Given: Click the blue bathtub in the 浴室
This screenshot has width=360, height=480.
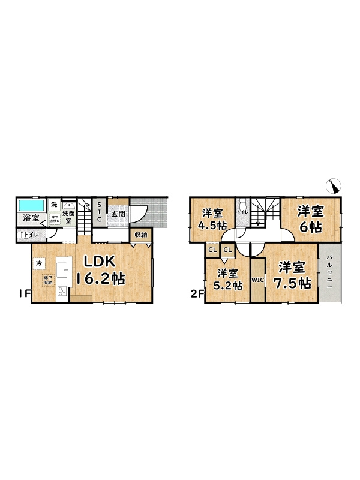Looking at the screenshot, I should pos(29,204).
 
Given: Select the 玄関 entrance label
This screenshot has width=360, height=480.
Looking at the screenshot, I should pos(118,214).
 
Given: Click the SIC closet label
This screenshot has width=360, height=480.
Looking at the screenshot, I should pos(100,212).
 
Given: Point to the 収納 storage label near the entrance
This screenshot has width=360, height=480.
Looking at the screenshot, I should pos(140,235).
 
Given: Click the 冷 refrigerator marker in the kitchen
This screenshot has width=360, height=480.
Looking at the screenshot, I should pos(38,263).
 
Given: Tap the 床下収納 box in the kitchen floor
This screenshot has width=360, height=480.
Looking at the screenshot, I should pos(47,280).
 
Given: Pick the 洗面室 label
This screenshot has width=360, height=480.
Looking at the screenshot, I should pos(68,217).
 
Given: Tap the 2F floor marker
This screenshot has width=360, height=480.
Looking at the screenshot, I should pos(196,294).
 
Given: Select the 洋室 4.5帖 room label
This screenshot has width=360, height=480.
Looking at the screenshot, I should pos(213,219).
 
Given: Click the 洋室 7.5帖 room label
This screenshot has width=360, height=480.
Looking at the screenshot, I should pos(292,275).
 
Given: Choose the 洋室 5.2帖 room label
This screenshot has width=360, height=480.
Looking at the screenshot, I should pos(229,280).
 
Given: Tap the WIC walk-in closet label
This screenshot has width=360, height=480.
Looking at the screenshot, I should pos(257,280).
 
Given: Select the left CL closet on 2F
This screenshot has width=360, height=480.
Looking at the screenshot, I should pos(212,250).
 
